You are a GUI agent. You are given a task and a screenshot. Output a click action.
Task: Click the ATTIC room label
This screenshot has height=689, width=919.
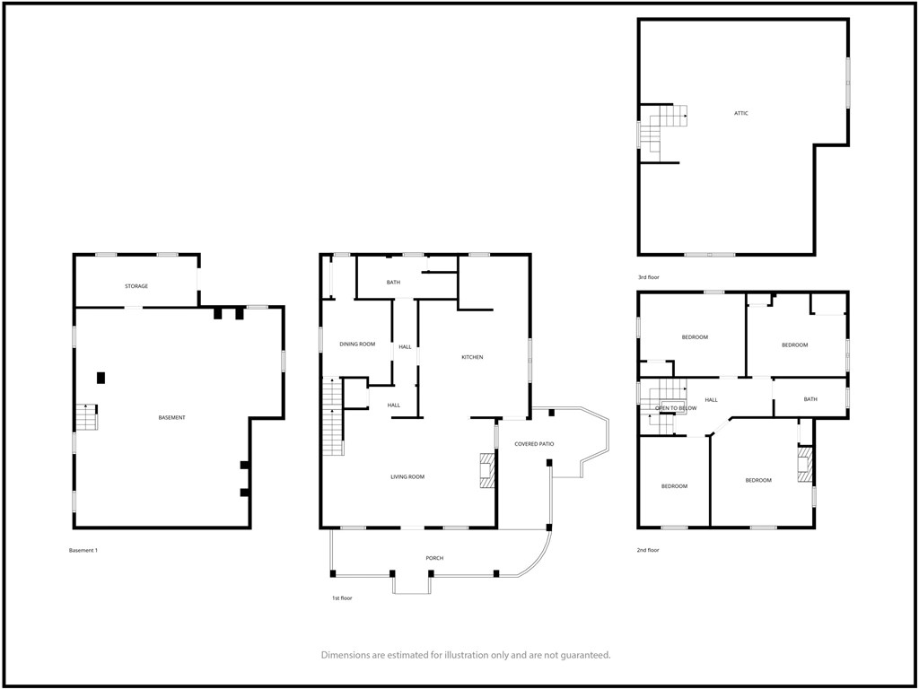click(740, 113)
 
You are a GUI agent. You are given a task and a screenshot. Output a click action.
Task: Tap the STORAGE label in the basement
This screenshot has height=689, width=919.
click(136, 286)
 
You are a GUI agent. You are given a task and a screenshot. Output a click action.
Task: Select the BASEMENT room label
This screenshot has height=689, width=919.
click(171, 418)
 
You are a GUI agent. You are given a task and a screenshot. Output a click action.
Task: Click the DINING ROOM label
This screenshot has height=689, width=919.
click(357, 344)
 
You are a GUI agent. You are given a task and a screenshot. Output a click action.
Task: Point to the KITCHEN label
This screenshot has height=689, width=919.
click(472, 357)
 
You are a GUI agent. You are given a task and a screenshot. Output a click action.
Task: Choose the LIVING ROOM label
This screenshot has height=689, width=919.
click(407, 477)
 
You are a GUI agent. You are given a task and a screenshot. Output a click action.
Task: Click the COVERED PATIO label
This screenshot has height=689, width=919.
click(534, 444)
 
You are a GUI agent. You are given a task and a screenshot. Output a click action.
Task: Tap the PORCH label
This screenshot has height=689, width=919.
click(434, 558)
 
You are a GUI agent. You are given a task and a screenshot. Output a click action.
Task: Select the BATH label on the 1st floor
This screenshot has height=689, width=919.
click(393, 283)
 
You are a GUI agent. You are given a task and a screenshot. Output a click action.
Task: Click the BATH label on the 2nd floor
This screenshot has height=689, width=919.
click(810, 399)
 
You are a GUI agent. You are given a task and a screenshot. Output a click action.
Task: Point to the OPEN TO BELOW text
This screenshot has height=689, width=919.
click(676, 408)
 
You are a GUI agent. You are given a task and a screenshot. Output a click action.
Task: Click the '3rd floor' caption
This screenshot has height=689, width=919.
click(649, 277)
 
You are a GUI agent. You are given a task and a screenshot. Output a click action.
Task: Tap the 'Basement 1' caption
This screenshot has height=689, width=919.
click(83, 550)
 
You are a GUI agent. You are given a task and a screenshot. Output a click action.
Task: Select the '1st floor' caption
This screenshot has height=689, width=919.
click(342, 598)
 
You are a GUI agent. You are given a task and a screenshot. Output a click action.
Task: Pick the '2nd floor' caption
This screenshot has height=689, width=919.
click(649, 550)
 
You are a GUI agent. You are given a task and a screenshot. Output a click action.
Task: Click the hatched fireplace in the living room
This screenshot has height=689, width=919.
click(487, 470)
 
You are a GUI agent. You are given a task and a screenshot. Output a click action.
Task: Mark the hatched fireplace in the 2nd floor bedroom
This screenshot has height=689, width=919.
click(805, 465)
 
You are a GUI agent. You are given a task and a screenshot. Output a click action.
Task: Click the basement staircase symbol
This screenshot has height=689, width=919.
click(86, 416)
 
